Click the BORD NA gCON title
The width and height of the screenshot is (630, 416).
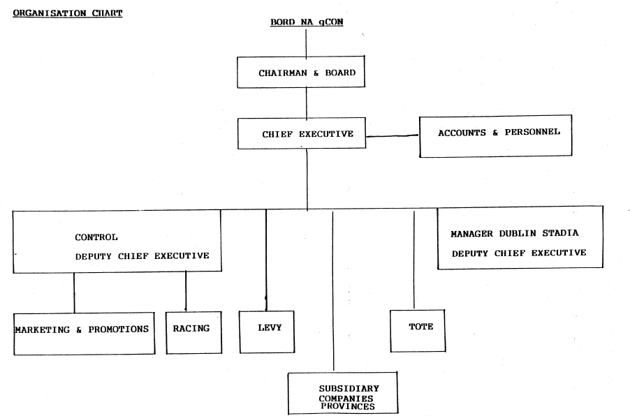pyautogui.click(x=307, y=22)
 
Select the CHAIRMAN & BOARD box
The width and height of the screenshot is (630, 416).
pyautogui.click(x=307, y=73)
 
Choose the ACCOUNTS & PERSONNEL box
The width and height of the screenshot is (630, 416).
pyautogui.click(x=495, y=131)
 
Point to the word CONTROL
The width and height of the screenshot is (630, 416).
pyautogui.click(x=96, y=237)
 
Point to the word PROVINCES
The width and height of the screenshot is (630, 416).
pyautogui.click(x=344, y=406)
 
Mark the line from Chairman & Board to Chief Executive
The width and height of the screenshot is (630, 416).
pyautogui.click(x=307, y=103)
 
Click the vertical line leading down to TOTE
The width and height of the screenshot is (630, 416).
pyautogui.click(x=414, y=258)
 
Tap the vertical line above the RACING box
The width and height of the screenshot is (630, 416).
pyautogui.click(x=186, y=290)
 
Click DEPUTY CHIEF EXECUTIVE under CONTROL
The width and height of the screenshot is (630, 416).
pyautogui.click(x=142, y=256)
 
